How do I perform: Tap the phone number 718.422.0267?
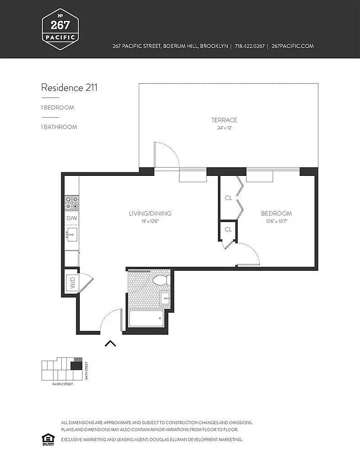pyautogui.click(x=249, y=46)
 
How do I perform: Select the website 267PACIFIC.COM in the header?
pyautogui.click(x=293, y=46)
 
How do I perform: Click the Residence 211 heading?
pyautogui.click(x=69, y=88)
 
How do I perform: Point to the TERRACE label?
pyautogui.click(x=224, y=120)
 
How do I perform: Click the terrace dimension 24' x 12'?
pyautogui.click(x=224, y=128)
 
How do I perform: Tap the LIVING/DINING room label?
pyautogui.click(x=150, y=213)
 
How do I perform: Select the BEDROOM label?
pyautogui.click(x=276, y=213)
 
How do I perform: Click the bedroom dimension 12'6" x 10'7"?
pyautogui.click(x=276, y=221)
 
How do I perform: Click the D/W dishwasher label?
pyautogui.click(x=72, y=218)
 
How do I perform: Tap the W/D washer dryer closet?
pyautogui.click(x=72, y=283)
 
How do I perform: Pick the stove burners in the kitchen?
pyautogui.click(x=72, y=202)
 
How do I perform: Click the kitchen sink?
pyautogui.click(x=72, y=235)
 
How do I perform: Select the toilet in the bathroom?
pyautogui.click(x=159, y=282)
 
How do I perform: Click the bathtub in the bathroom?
pyautogui.click(x=146, y=319)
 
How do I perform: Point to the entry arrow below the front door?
pyautogui.click(x=110, y=343)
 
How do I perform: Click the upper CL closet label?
pyautogui.click(x=228, y=197)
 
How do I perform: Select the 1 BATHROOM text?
pyautogui.click(x=59, y=126)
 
